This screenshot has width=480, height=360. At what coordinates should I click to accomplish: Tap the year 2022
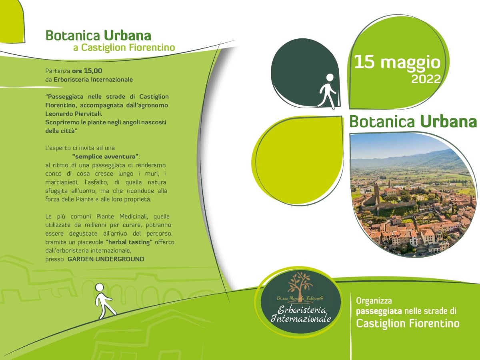[x=426, y=79]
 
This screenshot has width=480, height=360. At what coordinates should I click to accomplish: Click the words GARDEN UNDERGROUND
[x=106, y=259]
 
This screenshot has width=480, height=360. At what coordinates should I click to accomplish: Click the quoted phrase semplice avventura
[x=106, y=156]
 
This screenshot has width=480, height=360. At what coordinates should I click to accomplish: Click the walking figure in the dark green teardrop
[x=327, y=91]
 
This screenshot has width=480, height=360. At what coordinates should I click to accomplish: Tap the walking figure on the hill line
[x=104, y=301]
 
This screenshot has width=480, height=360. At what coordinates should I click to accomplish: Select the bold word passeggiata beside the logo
[x=379, y=311]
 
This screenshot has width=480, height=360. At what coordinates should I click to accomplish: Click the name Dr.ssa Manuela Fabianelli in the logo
[x=300, y=299]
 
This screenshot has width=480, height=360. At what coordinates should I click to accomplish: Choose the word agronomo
[x=152, y=105]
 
